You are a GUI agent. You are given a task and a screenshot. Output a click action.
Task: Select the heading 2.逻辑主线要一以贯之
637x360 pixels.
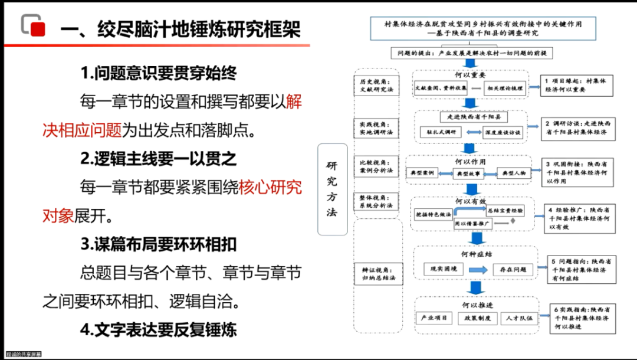tap(159, 159)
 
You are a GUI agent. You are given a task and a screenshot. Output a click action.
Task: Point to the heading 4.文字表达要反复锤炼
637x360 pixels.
tap(159, 329)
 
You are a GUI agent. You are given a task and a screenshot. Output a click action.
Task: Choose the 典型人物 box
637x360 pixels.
tap(514, 173)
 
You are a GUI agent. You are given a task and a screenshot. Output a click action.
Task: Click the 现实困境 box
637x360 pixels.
tap(444, 269)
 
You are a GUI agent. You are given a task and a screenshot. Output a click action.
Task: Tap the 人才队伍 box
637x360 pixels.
tap(518, 318)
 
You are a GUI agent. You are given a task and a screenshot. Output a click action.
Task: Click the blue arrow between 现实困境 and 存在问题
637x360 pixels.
tap(478, 270)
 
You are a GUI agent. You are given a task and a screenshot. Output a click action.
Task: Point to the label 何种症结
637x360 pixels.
tap(477, 254)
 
